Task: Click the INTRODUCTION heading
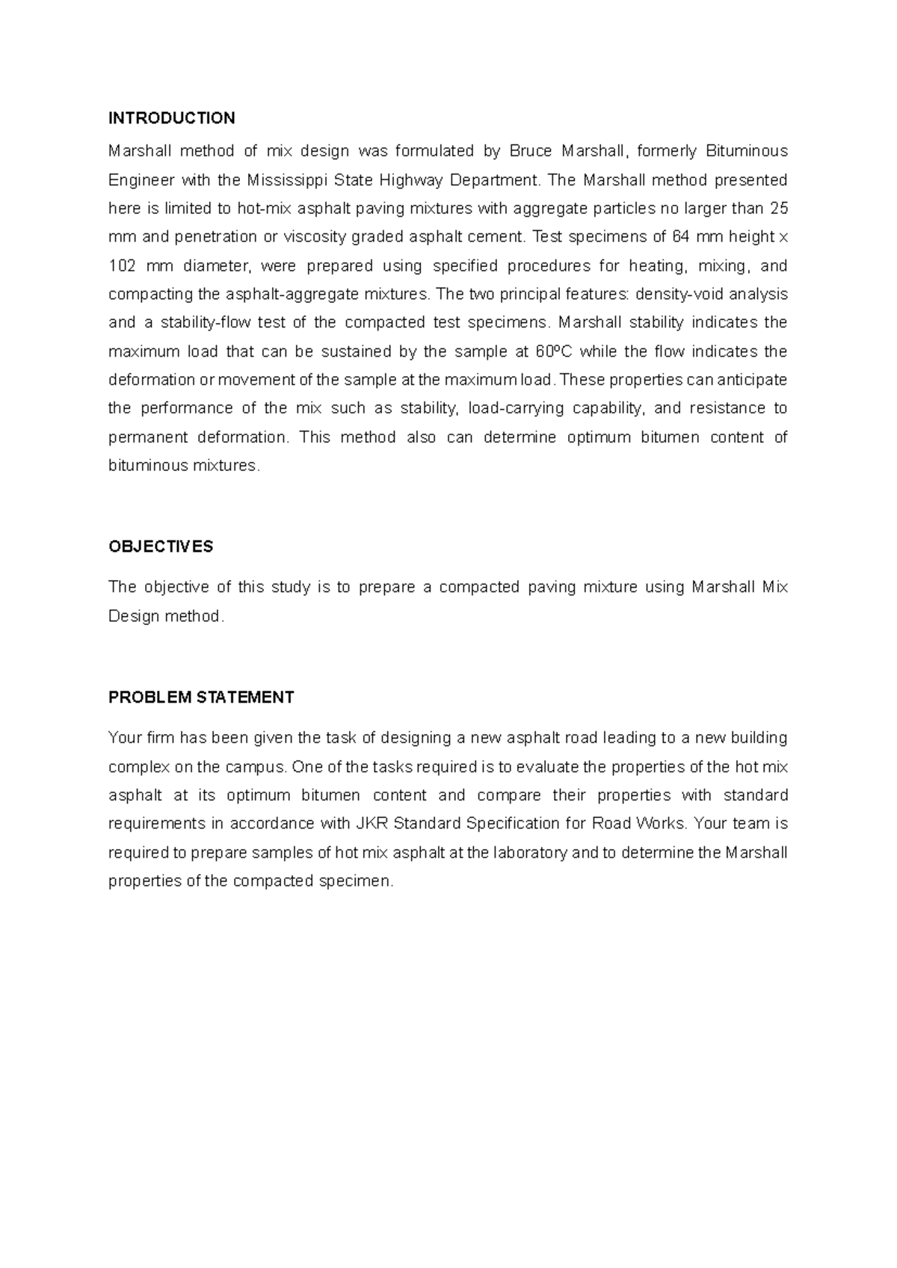click(171, 118)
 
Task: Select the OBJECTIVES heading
click(161, 547)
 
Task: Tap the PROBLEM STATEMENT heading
click(201, 698)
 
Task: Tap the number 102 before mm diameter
click(121, 266)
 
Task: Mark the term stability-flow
click(204, 323)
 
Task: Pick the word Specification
click(513, 824)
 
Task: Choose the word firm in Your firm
click(160, 738)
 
